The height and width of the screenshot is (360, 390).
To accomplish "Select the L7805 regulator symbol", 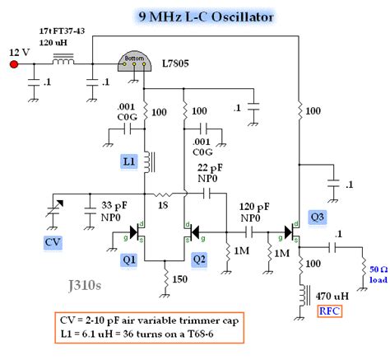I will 137,62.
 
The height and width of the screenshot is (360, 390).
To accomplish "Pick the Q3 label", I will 316,217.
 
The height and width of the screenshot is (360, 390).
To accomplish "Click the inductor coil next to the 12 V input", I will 63,60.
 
